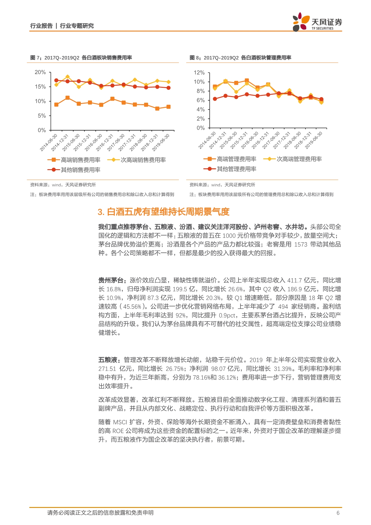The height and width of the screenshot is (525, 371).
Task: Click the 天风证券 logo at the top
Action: [x=317, y=22]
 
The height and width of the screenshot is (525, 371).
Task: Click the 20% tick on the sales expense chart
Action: [x=40, y=72]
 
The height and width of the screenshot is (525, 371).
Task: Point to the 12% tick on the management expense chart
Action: [x=199, y=72]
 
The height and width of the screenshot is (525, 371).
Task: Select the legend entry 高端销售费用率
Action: [x=74, y=160]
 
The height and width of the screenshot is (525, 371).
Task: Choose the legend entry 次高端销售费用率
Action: [x=137, y=160]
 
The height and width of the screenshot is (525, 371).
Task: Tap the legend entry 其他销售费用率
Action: [x=74, y=170]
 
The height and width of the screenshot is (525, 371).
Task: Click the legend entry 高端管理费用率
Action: [x=230, y=159]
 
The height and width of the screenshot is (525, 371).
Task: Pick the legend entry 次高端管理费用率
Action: [x=293, y=159]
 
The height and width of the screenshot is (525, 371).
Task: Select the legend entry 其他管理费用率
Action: [x=230, y=169]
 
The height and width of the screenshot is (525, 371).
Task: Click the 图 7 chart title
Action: [x=81, y=58]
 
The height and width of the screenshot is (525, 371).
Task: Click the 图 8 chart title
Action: [x=241, y=58]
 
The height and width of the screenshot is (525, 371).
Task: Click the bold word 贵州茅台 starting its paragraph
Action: [x=111, y=280]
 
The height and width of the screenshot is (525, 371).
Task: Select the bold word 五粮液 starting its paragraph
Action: [x=108, y=360]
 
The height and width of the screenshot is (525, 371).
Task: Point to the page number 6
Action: [x=338, y=513]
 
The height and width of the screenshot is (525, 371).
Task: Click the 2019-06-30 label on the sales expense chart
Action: [x=161, y=142]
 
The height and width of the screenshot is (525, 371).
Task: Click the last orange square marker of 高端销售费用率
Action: [x=168, y=107]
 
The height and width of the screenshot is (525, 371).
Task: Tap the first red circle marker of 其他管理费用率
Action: [x=215, y=99]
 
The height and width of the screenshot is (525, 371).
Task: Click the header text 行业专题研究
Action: [x=77, y=26]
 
